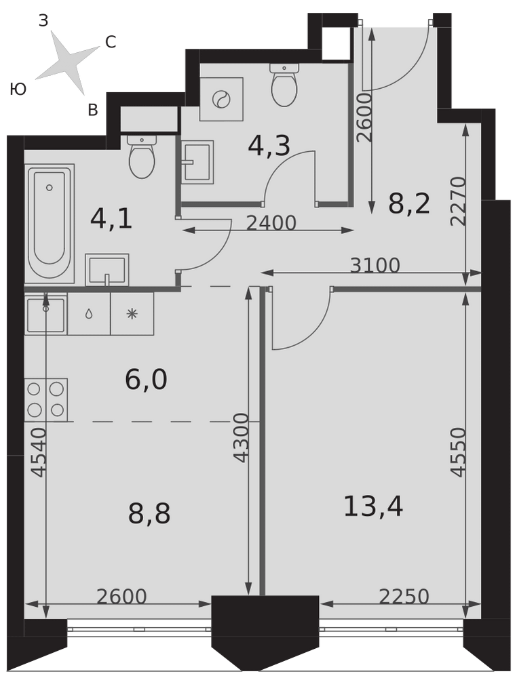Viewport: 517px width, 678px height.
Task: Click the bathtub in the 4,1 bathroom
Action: (50, 224)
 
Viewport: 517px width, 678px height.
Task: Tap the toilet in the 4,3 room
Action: (284, 84)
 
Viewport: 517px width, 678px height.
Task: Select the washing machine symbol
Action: (221, 99)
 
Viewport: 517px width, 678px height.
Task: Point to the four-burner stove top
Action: (46, 399)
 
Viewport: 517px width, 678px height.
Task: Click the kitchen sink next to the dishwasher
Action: (46, 313)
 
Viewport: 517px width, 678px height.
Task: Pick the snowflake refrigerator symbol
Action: (132, 314)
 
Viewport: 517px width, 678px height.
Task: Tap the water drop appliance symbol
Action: (89, 314)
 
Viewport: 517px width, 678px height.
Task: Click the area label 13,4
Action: (373, 506)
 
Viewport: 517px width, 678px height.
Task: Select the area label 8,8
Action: (149, 514)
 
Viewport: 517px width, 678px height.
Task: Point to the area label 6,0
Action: (146, 380)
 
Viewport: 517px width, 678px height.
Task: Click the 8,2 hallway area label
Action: (409, 203)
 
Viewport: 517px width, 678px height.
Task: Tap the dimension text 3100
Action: (375, 265)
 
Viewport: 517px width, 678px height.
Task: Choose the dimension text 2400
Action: (271, 223)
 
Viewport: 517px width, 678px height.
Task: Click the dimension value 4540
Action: (39, 452)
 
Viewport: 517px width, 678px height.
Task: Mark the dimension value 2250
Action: (404, 597)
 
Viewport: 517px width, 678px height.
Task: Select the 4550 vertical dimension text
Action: (457, 452)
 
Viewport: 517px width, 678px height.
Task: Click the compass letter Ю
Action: (18, 89)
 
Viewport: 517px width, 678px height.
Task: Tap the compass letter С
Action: (111, 42)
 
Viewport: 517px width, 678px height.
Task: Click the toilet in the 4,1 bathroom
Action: (142, 157)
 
